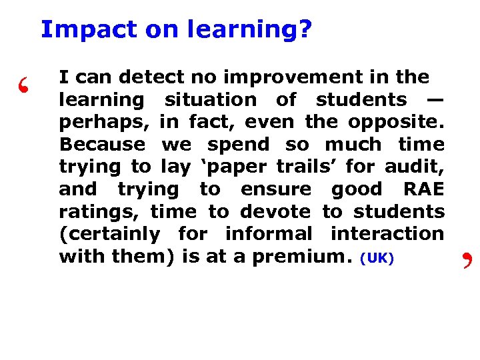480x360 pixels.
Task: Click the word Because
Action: point(102,145)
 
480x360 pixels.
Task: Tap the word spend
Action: point(251,145)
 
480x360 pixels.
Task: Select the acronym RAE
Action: point(423,189)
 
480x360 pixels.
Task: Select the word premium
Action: point(312,257)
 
